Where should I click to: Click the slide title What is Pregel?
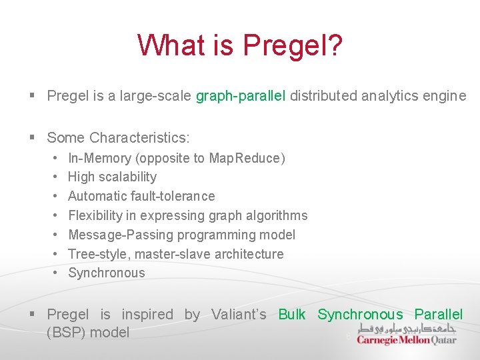(240, 46)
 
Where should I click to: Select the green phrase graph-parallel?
(241, 96)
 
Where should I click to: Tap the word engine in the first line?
(444, 96)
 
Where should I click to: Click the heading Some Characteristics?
(118, 138)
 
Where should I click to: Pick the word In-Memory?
(99, 158)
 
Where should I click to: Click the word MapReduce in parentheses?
(246, 158)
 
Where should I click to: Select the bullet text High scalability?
(112, 177)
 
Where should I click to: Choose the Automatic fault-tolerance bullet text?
(141, 196)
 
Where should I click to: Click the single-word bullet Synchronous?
(106, 273)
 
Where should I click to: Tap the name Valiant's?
(239, 315)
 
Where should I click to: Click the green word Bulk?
(291, 315)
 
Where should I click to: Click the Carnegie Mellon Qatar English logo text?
(406, 339)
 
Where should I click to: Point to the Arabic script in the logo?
(406, 328)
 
